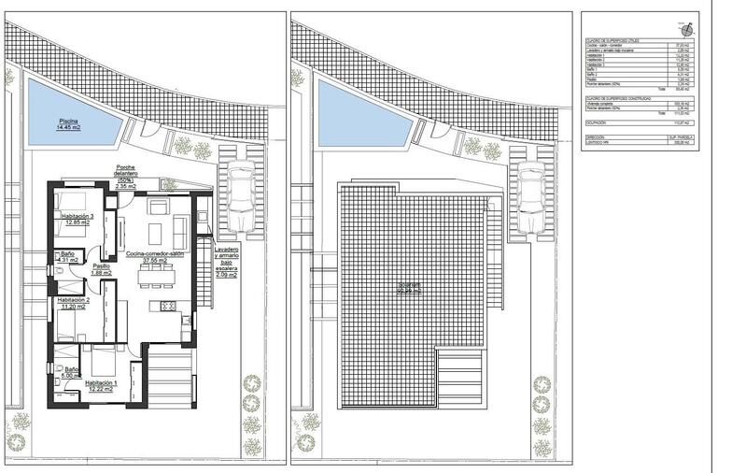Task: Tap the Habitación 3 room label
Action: (73, 219)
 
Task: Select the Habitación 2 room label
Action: (72, 304)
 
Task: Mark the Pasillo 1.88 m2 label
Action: (100, 269)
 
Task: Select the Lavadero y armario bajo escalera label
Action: (225, 263)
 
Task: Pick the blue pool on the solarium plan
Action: (356, 111)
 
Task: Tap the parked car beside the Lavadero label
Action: (241, 198)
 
